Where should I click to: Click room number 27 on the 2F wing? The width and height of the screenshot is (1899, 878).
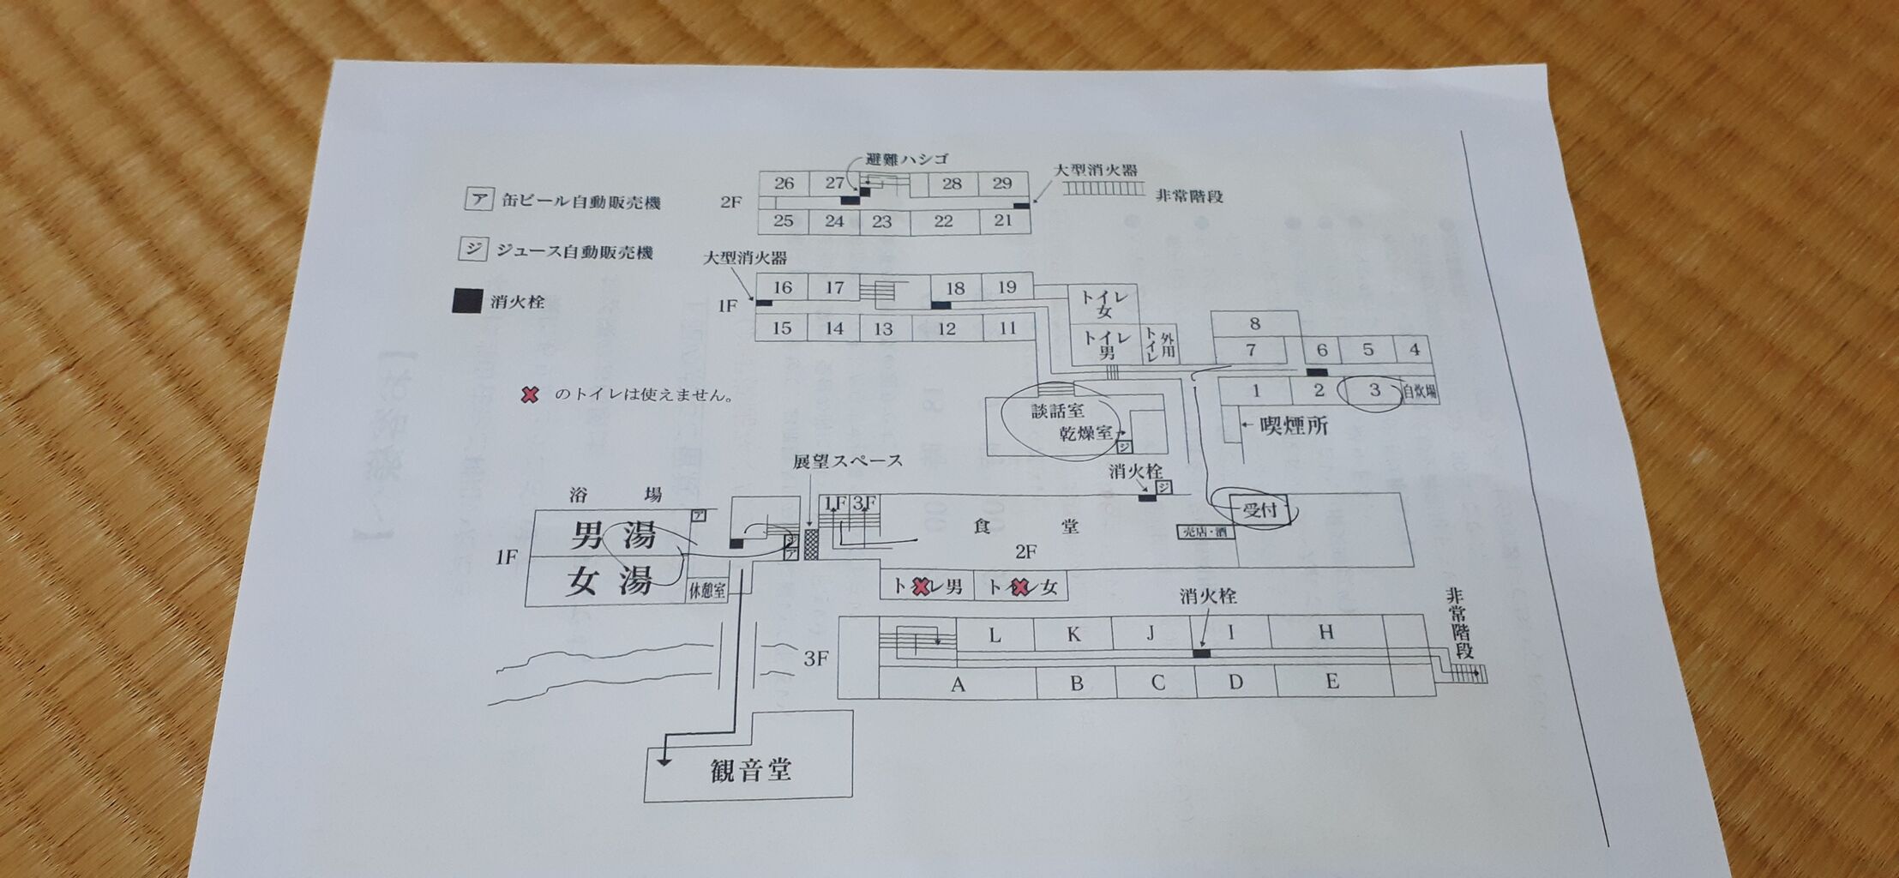click(834, 183)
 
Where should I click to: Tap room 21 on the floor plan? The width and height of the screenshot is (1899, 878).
click(1003, 220)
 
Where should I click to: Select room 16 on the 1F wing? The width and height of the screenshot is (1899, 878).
click(782, 287)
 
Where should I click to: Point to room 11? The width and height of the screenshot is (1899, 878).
click(1007, 328)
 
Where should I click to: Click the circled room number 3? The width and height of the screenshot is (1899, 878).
click(1374, 390)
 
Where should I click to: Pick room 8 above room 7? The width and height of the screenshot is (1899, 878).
click(1254, 323)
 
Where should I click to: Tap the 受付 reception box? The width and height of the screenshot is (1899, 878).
click(1259, 511)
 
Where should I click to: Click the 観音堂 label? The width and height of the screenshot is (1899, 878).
click(750, 769)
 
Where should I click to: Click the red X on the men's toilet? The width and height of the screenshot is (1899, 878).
click(920, 587)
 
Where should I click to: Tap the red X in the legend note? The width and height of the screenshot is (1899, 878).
click(531, 395)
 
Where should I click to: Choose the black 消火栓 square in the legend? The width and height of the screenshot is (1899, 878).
click(466, 302)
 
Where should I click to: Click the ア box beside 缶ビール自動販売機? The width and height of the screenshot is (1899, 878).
click(477, 201)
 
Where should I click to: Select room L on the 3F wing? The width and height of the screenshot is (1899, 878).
click(995, 635)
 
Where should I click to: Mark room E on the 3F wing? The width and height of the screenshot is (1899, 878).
click(1331, 682)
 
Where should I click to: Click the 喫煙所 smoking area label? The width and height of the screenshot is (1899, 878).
click(1294, 425)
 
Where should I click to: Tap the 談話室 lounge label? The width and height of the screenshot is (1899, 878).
click(1057, 411)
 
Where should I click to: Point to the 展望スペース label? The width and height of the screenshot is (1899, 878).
click(847, 461)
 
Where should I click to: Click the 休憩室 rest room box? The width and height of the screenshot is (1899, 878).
click(707, 591)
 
